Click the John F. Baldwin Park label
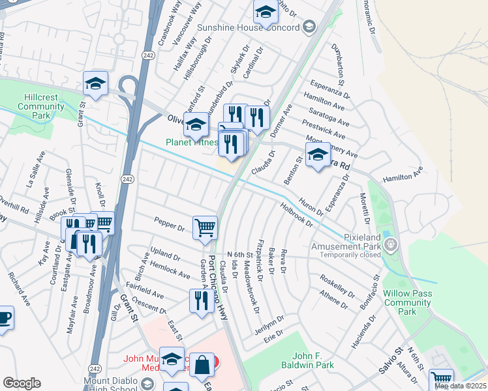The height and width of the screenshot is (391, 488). pos(313,360)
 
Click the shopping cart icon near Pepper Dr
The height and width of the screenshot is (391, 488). pos(205,227)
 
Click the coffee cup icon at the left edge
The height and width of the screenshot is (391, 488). pos(3,318)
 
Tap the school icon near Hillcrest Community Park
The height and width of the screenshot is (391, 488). pos(95,83)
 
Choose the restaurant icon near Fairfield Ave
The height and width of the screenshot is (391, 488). pos(201,300)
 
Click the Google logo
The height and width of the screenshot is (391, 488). pos(22,383)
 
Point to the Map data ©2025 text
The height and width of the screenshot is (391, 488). pos(461,386)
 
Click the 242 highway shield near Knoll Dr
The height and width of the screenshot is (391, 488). pos(128,179)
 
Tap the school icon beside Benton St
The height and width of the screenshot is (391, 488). pos(317,156)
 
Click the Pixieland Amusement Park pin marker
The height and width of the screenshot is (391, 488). pos(391,245)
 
